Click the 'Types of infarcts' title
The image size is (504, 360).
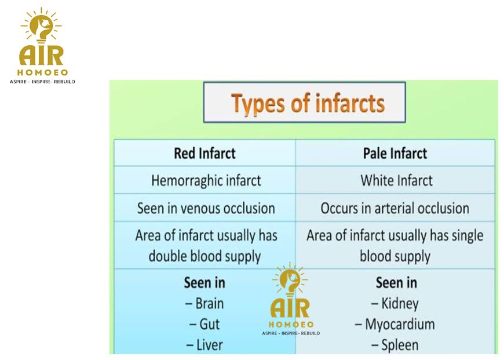308,104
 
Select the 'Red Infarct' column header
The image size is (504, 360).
204,153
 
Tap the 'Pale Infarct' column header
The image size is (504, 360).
395,153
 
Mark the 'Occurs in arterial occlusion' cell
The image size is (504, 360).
395,208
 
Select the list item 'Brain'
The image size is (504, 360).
204,303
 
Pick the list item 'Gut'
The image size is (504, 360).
204,324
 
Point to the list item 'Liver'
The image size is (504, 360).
204,345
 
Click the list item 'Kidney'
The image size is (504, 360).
395,304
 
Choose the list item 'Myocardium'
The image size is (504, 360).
395,324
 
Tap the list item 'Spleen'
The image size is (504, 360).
395,345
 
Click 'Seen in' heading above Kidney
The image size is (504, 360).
396,283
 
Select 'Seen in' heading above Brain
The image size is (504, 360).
204,283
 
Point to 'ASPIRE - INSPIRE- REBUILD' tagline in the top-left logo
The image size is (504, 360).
42,82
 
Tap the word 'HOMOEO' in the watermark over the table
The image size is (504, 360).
291,324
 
